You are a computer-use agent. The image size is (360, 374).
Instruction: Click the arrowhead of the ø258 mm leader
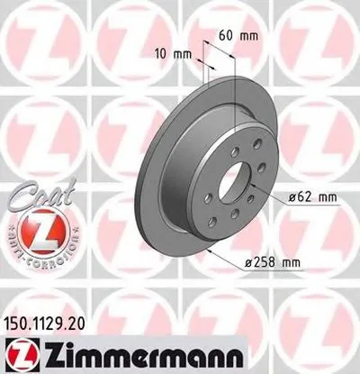click(210, 255)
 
